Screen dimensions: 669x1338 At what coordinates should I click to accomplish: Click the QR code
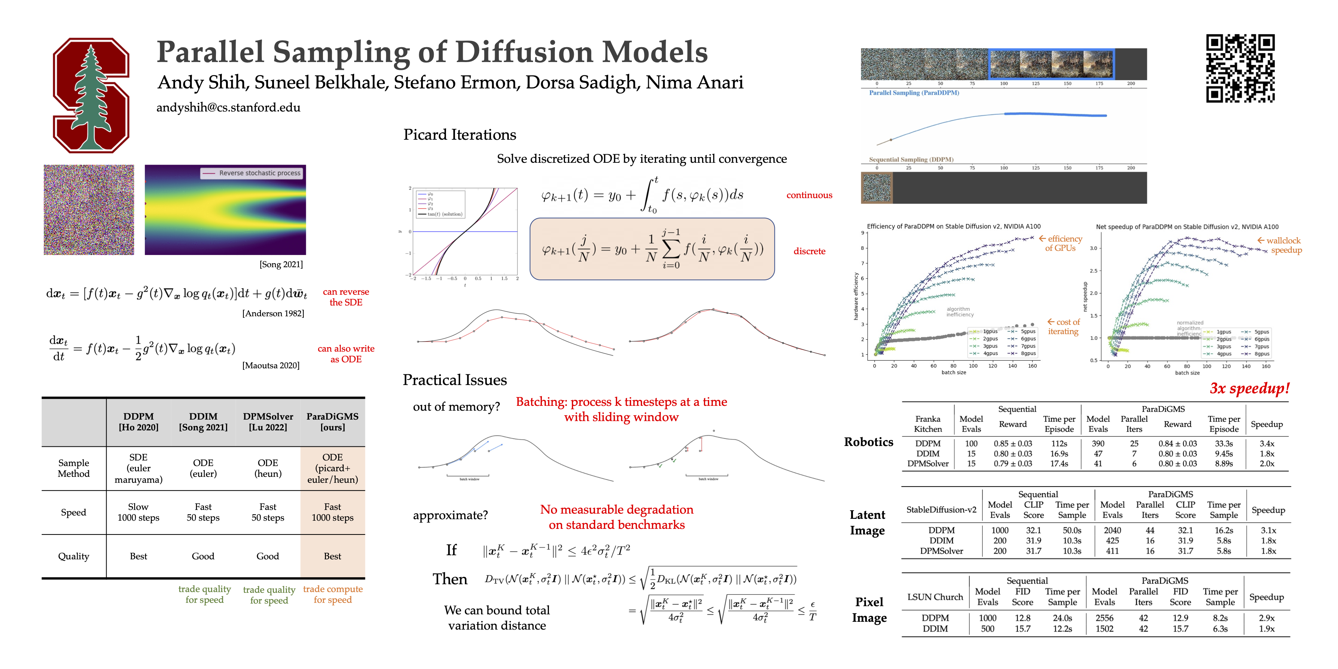[1240, 68]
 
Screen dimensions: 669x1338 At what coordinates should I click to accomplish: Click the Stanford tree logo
[91, 95]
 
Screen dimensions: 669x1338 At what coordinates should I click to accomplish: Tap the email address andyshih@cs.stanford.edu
[228, 107]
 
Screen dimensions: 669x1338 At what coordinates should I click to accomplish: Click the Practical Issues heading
[455, 380]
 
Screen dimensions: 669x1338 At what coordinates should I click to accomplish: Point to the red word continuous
[809, 195]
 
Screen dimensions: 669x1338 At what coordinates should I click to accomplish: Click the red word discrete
[809, 251]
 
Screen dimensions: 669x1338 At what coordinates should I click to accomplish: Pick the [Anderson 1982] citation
[273, 313]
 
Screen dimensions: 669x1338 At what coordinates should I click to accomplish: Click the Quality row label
[73, 556]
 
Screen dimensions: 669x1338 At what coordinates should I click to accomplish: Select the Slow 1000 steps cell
[138, 512]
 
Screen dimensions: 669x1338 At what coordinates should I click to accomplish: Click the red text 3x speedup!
[1249, 388]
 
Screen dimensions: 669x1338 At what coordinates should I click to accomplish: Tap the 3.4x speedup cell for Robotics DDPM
[1266, 443]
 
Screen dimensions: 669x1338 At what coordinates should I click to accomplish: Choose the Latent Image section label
[867, 523]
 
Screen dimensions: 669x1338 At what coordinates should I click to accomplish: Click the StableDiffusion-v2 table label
[941, 510]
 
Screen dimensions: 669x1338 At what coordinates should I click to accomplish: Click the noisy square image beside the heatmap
[89, 210]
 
